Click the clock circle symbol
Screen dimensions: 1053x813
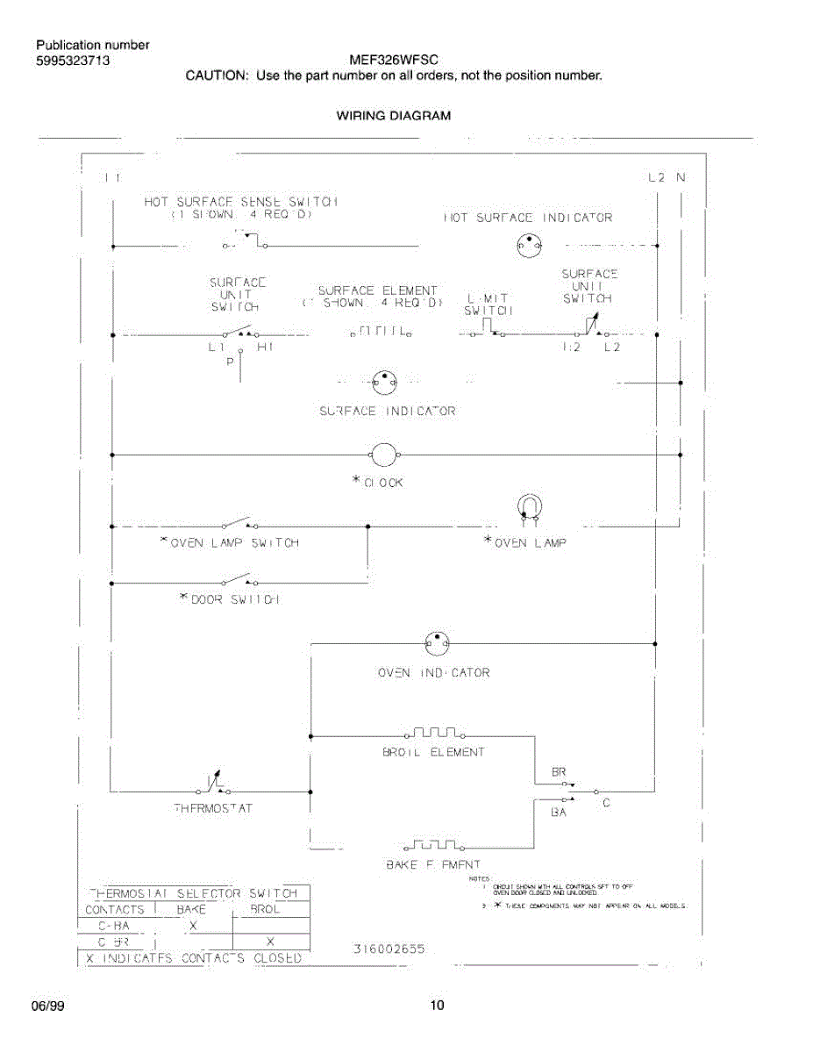[384, 455]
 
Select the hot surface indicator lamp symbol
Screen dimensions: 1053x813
[529, 247]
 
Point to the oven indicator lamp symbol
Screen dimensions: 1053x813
[437, 644]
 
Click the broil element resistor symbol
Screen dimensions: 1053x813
[435, 732]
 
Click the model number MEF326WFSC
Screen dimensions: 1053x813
[394, 61]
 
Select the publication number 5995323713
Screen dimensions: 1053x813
[73, 61]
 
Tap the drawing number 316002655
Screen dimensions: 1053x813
[389, 949]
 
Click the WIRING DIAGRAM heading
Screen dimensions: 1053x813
[394, 115]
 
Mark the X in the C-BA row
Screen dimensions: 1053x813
[194, 926]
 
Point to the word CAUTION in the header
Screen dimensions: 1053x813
[216, 75]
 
